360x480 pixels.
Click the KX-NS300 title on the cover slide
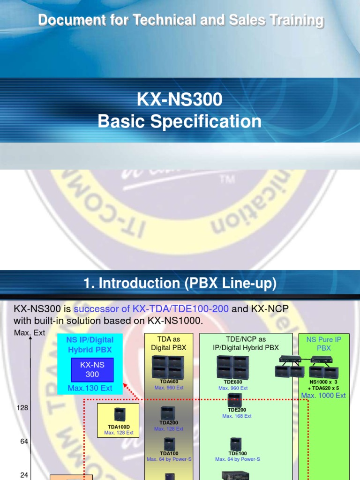(x=180, y=100)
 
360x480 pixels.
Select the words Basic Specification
(x=180, y=121)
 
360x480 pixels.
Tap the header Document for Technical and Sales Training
(x=180, y=20)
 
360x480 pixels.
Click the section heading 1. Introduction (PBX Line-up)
(x=180, y=283)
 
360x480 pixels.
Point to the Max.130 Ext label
(x=90, y=388)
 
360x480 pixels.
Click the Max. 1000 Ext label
(x=323, y=396)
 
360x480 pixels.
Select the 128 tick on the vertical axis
(x=22, y=408)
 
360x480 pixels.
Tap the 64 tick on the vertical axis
(x=24, y=442)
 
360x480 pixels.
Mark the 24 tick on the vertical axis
(x=24, y=475)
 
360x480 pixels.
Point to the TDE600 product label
(x=233, y=382)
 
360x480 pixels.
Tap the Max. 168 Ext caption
(x=237, y=416)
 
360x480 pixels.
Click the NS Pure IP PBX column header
(x=324, y=344)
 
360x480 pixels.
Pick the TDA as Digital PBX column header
(x=168, y=343)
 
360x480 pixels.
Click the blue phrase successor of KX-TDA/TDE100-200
(x=151, y=309)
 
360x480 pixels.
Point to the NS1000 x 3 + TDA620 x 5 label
(x=323, y=385)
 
